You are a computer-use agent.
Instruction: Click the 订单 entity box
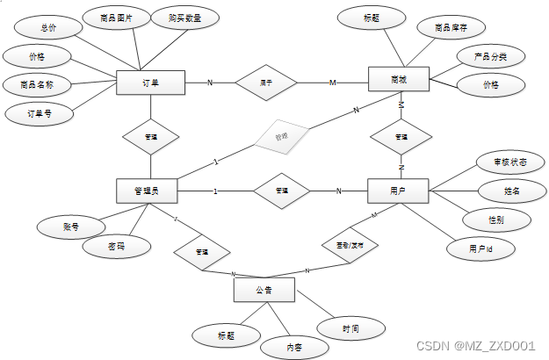150,83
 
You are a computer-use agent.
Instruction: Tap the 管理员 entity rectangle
147,191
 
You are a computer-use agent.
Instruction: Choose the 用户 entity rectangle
397,191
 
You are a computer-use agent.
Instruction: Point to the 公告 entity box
264,290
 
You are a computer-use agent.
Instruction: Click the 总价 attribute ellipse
47,28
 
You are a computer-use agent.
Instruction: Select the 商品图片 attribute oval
113,18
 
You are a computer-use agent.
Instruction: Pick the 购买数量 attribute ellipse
184,18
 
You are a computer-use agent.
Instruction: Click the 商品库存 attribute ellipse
451,28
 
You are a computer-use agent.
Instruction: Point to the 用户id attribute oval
480,249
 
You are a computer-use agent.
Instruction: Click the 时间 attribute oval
350,328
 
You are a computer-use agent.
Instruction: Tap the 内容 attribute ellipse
294,347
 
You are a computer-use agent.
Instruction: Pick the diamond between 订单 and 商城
265,83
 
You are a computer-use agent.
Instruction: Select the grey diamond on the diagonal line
281,137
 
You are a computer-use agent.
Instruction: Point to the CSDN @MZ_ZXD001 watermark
475,345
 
